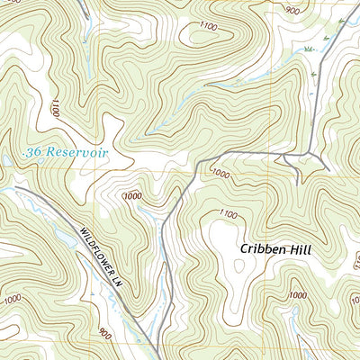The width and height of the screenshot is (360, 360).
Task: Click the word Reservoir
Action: click(x=77, y=153)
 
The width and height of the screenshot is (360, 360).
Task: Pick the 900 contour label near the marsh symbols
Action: click(x=292, y=10)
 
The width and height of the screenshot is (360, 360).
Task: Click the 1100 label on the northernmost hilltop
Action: click(x=210, y=28)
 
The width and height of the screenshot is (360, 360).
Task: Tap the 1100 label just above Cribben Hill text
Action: click(x=228, y=214)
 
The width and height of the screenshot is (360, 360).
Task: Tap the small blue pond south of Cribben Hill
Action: click(x=294, y=314)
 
